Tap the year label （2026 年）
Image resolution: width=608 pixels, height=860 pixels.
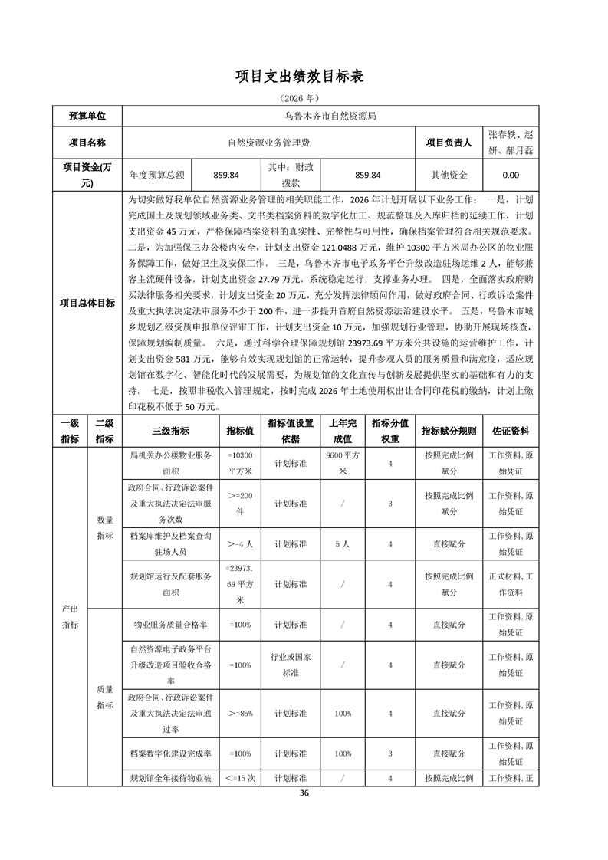coord(304,98)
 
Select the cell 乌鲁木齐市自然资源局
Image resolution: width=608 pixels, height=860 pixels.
coord(330,117)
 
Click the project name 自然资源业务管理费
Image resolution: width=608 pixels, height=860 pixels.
coord(268,143)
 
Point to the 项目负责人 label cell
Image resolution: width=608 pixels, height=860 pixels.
coord(449,143)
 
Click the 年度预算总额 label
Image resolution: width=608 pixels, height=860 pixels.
coord(157,175)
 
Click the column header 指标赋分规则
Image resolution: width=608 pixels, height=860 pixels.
coord(449,431)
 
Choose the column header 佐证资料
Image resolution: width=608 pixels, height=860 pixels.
coord(509,431)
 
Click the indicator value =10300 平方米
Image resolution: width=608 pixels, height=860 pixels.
coord(240,464)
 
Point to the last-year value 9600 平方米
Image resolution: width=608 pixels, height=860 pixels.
coord(343,464)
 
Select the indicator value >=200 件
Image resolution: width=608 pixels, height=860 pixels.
coord(240,504)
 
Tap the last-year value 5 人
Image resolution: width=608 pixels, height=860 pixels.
coord(343,543)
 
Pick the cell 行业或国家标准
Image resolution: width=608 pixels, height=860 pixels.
coord(291,665)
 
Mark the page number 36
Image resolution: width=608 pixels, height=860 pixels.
coord(304,793)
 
